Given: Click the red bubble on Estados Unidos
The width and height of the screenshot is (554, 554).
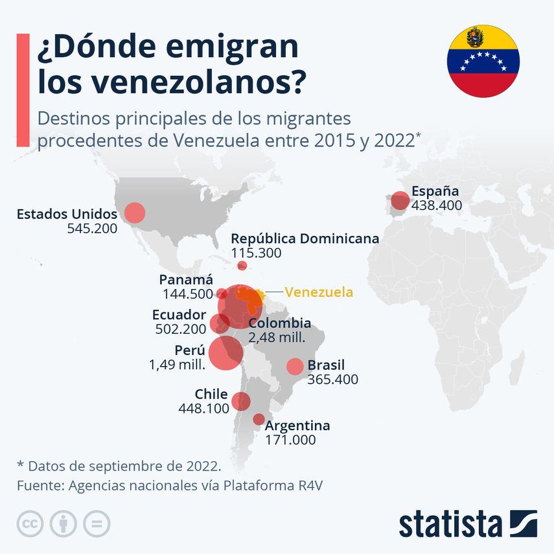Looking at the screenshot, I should coord(134,213).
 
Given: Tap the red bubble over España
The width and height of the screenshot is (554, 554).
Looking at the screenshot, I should coord(400,201).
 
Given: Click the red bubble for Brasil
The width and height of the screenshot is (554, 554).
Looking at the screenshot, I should coord(295,366).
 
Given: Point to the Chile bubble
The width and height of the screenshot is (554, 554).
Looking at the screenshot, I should coord(241,401).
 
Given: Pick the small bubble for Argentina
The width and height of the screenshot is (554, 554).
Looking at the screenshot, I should coord(259,419).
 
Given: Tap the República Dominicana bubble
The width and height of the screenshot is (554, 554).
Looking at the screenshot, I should coord(242,265).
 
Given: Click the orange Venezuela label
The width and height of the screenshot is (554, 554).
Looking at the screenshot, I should coord(319,292).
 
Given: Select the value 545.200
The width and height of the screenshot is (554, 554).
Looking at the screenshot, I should coord(92,228).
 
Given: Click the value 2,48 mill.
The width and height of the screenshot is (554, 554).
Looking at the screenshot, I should coord(277,338).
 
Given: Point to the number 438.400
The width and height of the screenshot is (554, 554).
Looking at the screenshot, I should coord(436,205).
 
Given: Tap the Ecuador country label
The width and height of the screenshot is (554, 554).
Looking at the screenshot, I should coord(179,314).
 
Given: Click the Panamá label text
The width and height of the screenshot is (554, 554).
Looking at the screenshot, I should coord(186,280).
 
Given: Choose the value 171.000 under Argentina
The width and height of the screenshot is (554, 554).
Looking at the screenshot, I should coord(290,440).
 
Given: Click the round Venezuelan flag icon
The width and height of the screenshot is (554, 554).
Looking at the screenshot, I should coord(483,61).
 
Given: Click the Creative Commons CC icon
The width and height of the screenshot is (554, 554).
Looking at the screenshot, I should coord(30,523).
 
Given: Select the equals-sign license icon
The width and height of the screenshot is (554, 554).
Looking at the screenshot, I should coord(97,523).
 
